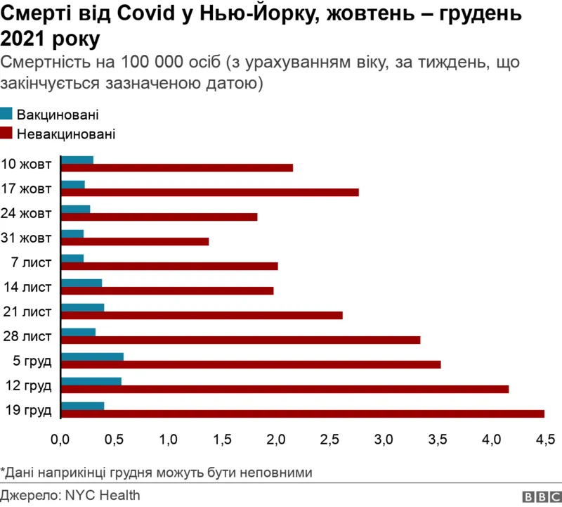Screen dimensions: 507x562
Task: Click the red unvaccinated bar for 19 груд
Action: click(x=302, y=413)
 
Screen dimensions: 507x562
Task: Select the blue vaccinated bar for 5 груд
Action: click(x=93, y=357)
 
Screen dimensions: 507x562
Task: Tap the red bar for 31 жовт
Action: click(x=136, y=241)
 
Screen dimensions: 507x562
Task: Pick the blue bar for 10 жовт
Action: click(x=77, y=160)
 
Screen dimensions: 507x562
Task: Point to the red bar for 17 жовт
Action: click(x=210, y=192)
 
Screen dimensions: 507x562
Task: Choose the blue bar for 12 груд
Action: click(x=91, y=381)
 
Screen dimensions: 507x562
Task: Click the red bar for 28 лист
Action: click(x=241, y=340)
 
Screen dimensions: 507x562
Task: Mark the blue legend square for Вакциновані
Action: click(x=6, y=114)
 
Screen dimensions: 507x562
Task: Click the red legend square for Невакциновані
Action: click(x=6, y=133)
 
